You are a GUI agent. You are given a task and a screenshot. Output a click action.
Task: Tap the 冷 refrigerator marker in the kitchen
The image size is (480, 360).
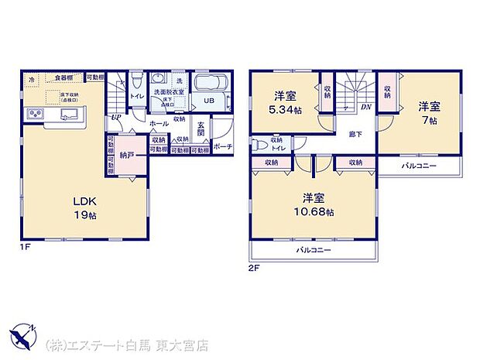31,79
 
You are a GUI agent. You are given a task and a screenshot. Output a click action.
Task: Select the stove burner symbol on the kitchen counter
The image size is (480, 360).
36,115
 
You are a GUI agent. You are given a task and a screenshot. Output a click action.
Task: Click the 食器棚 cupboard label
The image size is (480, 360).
64,78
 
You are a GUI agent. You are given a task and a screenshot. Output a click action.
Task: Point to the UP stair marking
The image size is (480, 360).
115,117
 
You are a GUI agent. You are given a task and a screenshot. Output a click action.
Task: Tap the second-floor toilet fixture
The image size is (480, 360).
259,144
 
